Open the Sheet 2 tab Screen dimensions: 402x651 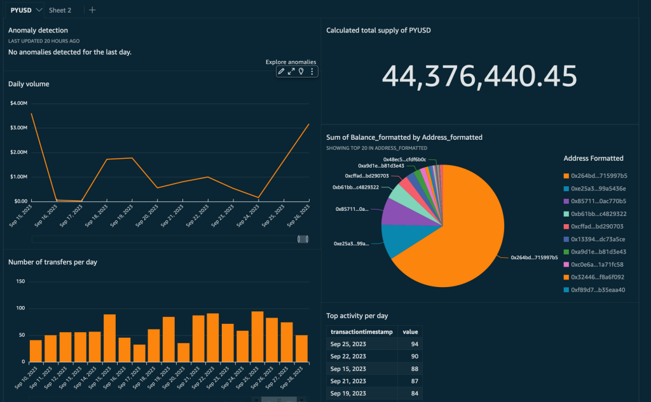(x=60, y=10)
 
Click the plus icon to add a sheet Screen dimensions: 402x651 (x=92, y=10)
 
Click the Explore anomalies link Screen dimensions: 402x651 (x=291, y=62)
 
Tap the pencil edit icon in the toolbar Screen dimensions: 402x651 (x=282, y=72)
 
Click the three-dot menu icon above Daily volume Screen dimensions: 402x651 (x=312, y=72)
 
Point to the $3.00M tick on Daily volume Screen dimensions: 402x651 (x=18, y=128)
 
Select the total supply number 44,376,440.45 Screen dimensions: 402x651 (x=479, y=76)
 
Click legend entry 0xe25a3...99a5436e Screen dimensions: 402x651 (x=598, y=189)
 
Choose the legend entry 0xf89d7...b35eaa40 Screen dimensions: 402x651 (x=598, y=290)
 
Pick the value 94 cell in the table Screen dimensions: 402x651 (x=411, y=344)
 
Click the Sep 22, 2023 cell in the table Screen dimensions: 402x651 (x=348, y=356)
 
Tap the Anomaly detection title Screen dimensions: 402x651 (x=38, y=30)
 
